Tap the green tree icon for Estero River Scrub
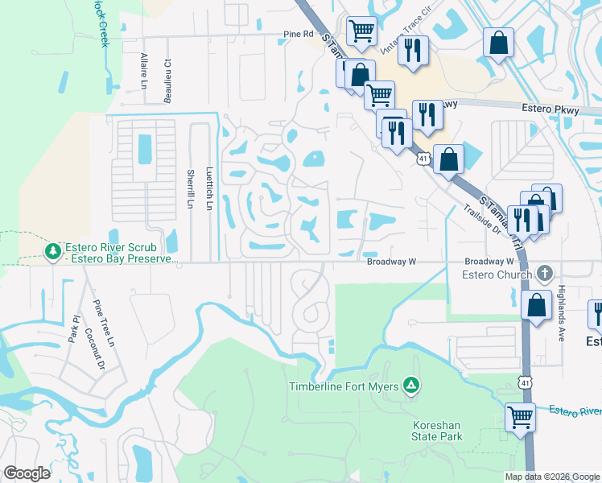53,251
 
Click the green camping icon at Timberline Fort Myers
411,386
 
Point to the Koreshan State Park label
439,430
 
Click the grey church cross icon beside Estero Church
545,274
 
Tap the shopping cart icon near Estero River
521,418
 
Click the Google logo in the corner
27,473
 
